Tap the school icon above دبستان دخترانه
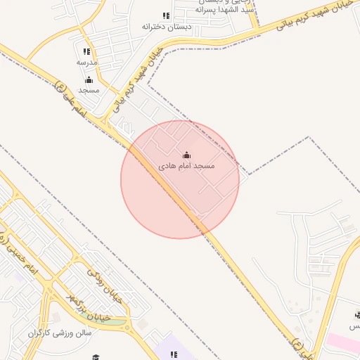166,15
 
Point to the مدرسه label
86,62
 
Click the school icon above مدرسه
86,52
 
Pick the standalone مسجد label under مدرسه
89,90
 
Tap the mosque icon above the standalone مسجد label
89,80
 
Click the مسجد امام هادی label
186,166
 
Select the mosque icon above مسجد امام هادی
186,155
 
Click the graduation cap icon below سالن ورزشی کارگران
96,356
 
